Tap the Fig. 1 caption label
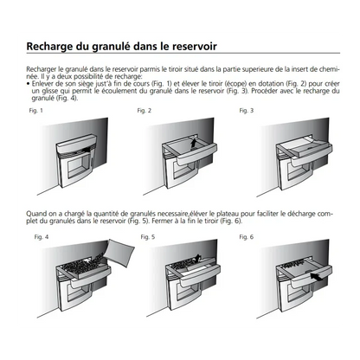pyautogui.click(x=35, y=111)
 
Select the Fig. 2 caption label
pyautogui.click(x=144, y=111)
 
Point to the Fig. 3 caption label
pyautogui.click(x=247, y=111)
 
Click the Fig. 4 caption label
pyautogui.click(x=42, y=237)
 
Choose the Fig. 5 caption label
pyautogui.click(x=148, y=237)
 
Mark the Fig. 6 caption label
pyautogui.click(x=247, y=237)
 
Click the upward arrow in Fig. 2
pyautogui.click(x=194, y=143)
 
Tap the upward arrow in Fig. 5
pyautogui.click(x=197, y=259)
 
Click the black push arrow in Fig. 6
pyautogui.click(x=317, y=277)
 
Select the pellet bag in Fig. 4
pyautogui.click(x=119, y=251)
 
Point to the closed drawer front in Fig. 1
pyautogui.click(x=75, y=145)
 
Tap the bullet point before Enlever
pyautogui.click(x=28, y=84)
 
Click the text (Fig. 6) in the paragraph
pyautogui.click(x=231, y=222)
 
